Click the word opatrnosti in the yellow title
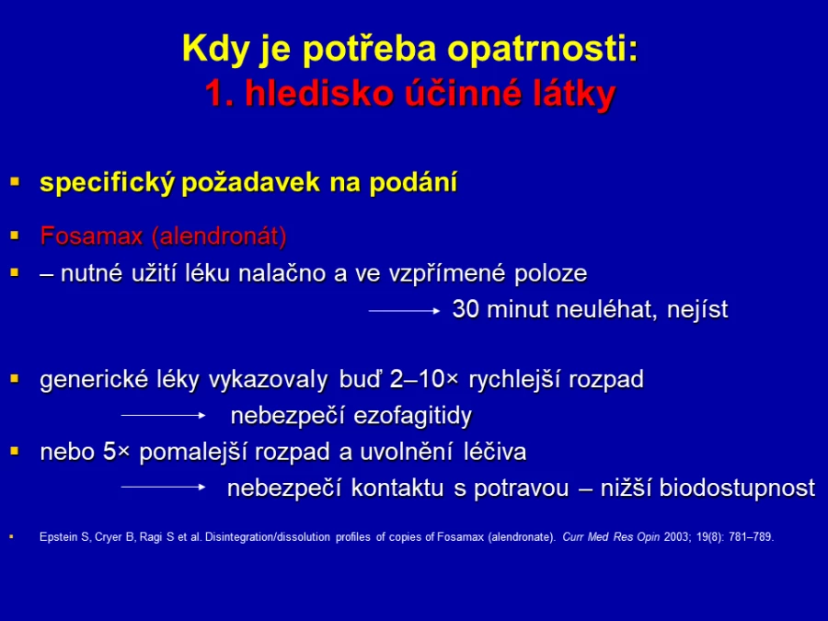coord(542,50)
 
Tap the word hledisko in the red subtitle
coord(319,94)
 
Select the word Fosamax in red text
coord(91,236)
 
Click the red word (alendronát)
coord(219,236)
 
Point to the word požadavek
coord(250,183)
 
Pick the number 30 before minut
coord(466,309)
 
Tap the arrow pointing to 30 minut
coord(404,311)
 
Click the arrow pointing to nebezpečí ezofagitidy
coord(163,416)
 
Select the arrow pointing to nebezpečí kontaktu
coord(163,487)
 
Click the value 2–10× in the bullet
coord(424,379)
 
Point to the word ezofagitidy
coord(412,416)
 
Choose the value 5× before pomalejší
coord(116,452)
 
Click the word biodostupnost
coord(737,489)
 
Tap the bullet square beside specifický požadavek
coord(15,183)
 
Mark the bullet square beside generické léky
coord(15,379)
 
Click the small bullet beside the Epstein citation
coord(11,537)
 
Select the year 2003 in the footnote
coord(676,537)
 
